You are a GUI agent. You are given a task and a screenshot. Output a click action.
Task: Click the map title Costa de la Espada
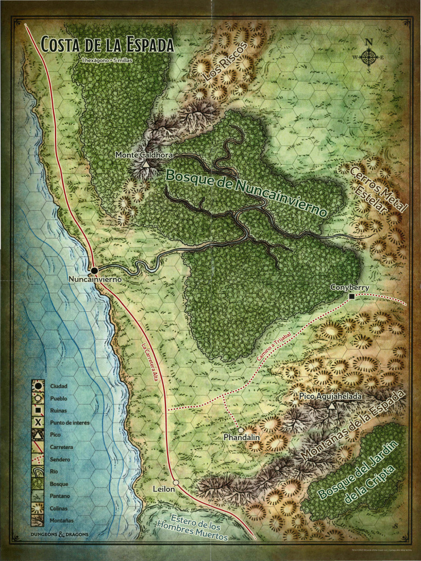pos(107,44)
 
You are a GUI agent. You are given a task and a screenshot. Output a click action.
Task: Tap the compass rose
pos(369,56)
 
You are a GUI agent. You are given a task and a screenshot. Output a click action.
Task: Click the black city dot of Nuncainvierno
pos(94,271)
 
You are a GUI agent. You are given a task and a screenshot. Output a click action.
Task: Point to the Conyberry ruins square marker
pos(351,296)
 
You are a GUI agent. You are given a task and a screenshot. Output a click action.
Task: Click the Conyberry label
pos(350,288)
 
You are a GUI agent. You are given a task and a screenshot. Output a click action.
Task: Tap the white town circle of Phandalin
pos(241,430)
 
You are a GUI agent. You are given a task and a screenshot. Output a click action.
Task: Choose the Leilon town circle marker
pos(176,482)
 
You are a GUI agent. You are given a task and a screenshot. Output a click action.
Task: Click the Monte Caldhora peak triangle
pos(146,164)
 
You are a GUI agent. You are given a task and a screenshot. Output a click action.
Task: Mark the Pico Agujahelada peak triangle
pos(332,406)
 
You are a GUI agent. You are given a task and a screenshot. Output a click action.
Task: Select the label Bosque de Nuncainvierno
pos(247,192)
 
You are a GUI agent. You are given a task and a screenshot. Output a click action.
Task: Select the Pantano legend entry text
pos(59,495)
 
